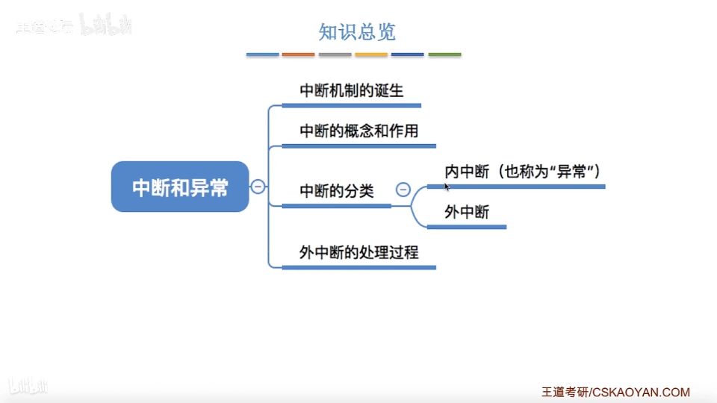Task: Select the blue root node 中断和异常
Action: click(180, 187)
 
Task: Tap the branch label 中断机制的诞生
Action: click(351, 91)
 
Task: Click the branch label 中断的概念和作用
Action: click(358, 131)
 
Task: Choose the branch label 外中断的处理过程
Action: click(358, 253)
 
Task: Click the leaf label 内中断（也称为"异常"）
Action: click(523, 172)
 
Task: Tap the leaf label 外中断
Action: click(467, 213)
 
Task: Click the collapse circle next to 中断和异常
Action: click(258, 187)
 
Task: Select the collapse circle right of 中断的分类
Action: click(403, 190)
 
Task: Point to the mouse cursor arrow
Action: click(446, 186)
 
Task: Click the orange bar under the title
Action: click(299, 54)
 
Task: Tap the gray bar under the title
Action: click(335, 54)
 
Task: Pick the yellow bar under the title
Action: click(371, 54)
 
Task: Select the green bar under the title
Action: click(444, 54)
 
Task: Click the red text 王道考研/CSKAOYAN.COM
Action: click(615, 392)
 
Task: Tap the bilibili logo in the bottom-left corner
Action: click(28, 386)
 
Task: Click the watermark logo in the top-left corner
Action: click(75, 27)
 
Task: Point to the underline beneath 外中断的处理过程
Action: click(358, 266)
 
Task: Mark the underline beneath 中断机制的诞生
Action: click(351, 105)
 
